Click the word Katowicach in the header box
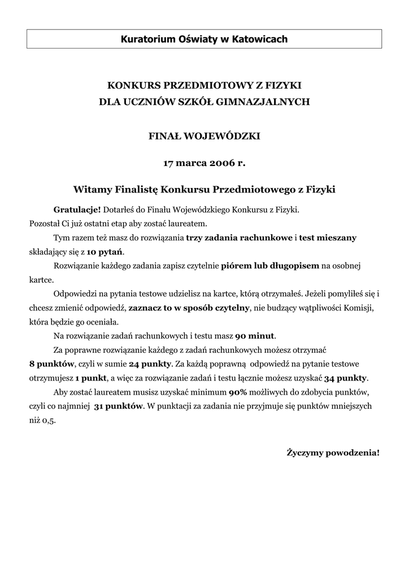tap(262, 39)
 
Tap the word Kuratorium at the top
tap(147, 39)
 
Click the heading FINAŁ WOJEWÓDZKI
tap(204, 136)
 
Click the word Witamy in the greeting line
tap(93, 190)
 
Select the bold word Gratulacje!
tap(77, 209)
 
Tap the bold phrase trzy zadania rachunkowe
tap(239, 238)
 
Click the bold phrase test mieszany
tap(328, 238)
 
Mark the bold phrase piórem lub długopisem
tap(270, 265)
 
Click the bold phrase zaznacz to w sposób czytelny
tap(189, 308)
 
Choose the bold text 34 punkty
tap(345, 378)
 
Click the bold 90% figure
tap(238, 392)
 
